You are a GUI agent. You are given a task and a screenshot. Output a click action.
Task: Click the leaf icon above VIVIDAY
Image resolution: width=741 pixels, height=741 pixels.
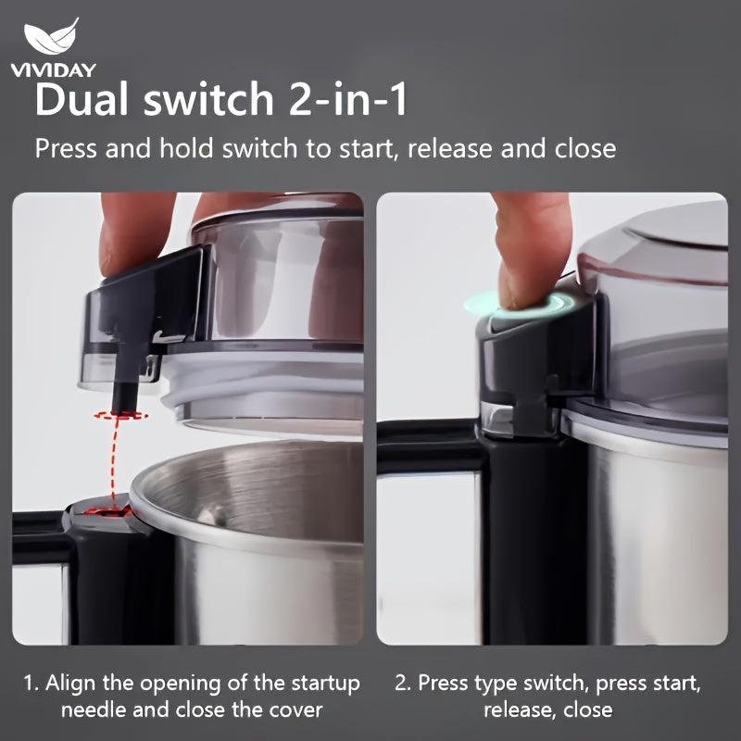click(x=51, y=37)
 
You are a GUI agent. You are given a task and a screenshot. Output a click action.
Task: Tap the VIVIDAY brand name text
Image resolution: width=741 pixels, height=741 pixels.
click(x=54, y=70)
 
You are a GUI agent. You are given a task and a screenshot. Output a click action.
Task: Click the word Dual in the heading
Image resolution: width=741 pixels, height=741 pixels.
click(x=82, y=99)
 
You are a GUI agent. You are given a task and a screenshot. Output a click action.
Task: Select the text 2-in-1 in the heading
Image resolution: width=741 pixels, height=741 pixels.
click(x=348, y=99)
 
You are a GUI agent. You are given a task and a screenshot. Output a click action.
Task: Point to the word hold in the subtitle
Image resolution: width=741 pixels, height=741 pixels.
click(x=186, y=149)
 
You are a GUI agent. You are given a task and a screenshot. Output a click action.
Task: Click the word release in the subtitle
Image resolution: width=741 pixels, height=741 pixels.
click(x=449, y=149)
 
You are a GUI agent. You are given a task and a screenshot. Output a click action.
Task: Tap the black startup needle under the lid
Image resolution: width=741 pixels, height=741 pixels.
click(x=124, y=385)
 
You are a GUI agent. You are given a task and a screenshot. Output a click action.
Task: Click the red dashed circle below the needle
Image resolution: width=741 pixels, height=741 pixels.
click(x=120, y=415)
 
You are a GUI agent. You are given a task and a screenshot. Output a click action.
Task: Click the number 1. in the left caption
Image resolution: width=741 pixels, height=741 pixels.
click(x=31, y=684)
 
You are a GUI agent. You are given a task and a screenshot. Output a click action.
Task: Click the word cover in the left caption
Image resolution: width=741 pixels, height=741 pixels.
click(x=295, y=710)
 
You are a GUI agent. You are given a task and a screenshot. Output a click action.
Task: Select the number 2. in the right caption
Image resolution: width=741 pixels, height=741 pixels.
click(x=403, y=684)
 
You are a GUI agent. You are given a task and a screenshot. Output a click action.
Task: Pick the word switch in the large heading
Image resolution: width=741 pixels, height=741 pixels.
click(x=208, y=99)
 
